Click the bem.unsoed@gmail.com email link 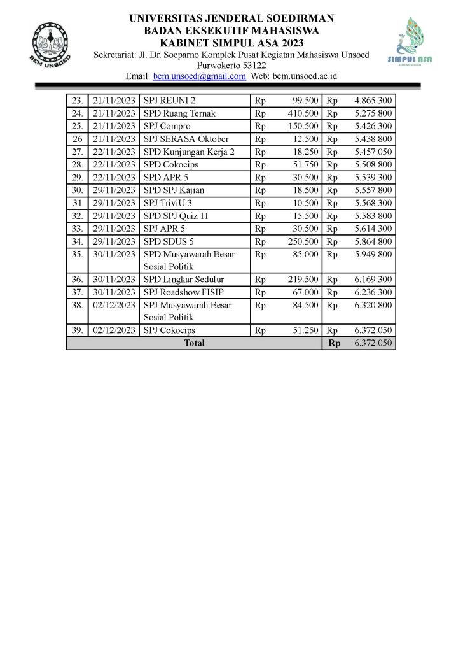click(x=199, y=76)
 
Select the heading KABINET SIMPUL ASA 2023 click(x=231, y=42)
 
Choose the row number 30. click(x=78, y=190)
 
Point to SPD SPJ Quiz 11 click(x=176, y=215)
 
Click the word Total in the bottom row click(x=194, y=343)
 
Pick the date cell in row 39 click(x=114, y=330)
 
